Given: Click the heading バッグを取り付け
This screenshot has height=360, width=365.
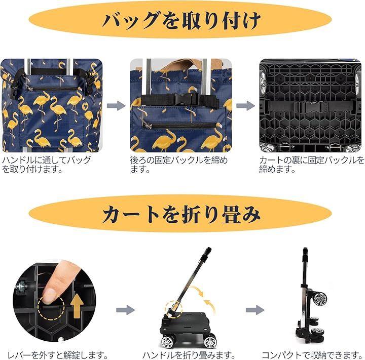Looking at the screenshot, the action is [x=181, y=20].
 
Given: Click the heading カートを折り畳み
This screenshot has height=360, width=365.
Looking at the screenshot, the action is [x=181, y=214].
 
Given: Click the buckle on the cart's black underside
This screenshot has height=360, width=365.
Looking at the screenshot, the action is [x=310, y=107].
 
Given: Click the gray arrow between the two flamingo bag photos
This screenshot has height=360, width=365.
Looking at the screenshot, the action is [x=116, y=106].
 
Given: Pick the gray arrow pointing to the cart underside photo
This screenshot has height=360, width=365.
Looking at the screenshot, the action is [x=245, y=106].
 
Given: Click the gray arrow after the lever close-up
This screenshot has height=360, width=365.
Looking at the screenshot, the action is [x=126, y=310].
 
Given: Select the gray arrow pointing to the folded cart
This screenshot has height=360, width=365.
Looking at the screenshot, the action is [x=255, y=310].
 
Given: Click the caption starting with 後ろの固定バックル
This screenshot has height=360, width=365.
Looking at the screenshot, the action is [x=179, y=165].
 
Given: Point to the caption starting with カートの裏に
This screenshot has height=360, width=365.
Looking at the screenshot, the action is [x=312, y=165].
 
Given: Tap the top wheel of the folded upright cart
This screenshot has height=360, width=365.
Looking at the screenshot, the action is [x=319, y=298].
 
